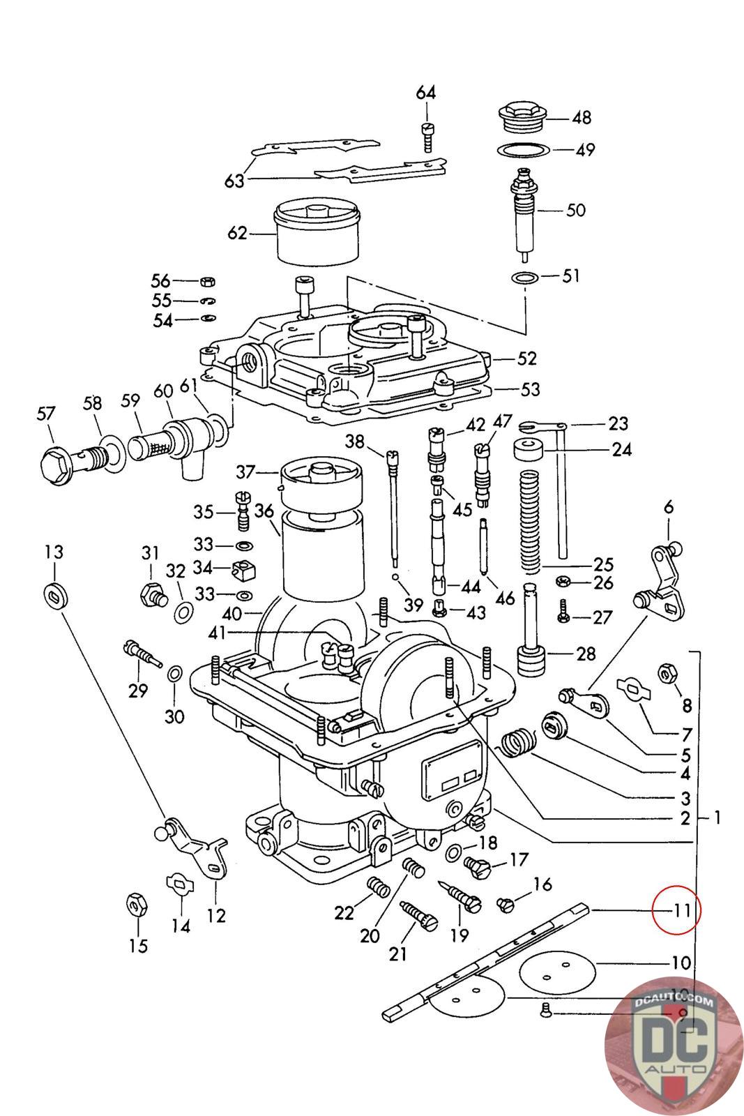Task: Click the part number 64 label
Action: pyautogui.click(x=425, y=93)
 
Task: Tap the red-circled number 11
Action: pyautogui.click(x=676, y=910)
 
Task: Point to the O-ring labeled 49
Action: pyautogui.click(x=522, y=149)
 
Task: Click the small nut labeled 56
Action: pyautogui.click(x=207, y=281)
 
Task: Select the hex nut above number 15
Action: pyautogui.click(x=135, y=904)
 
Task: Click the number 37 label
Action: pyautogui.click(x=245, y=472)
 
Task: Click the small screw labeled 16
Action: pyautogui.click(x=506, y=905)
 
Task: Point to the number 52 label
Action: pyautogui.click(x=527, y=358)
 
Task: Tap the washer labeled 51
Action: pyautogui.click(x=523, y=278)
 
